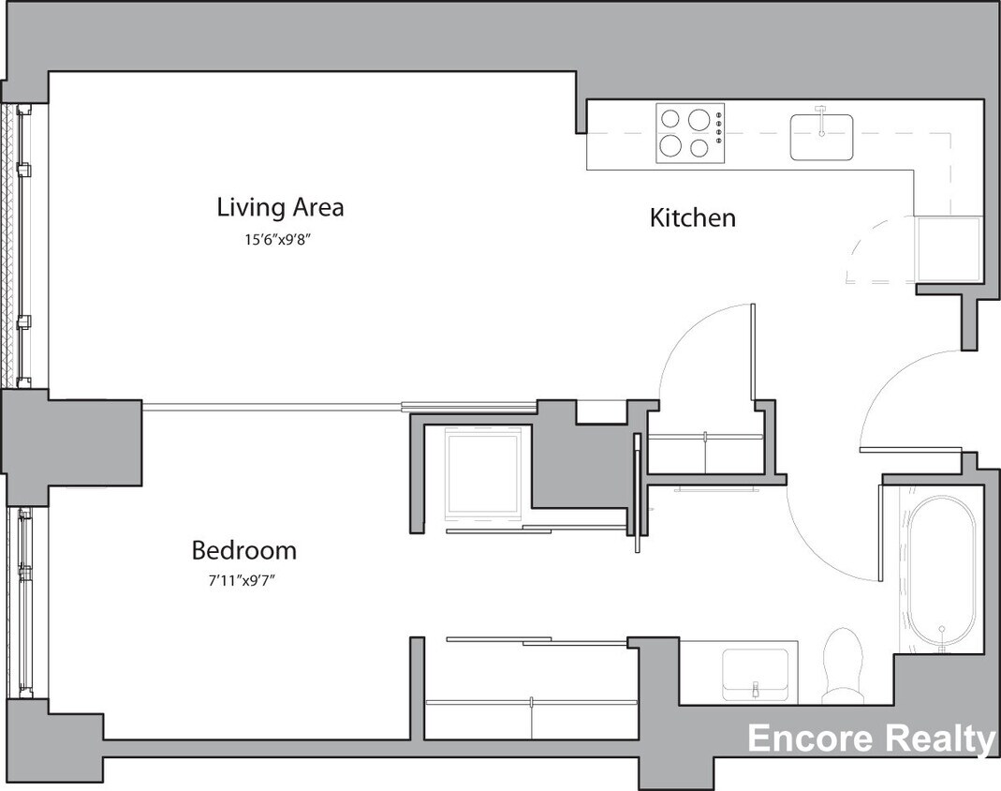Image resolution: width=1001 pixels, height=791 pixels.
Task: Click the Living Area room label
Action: [280, 206]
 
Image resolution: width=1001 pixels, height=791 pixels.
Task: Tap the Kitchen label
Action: [693, 218]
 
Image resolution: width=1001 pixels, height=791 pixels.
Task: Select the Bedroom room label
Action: [243, 550]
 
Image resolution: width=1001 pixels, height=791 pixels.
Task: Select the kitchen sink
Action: [821, 137]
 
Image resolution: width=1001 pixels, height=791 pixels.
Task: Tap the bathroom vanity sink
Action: [756, 673]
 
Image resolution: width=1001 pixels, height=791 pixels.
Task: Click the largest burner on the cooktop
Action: [698, 120]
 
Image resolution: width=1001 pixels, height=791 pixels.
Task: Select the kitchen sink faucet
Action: [821, 115]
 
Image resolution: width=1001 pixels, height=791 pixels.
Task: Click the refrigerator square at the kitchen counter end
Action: [948, 248]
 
